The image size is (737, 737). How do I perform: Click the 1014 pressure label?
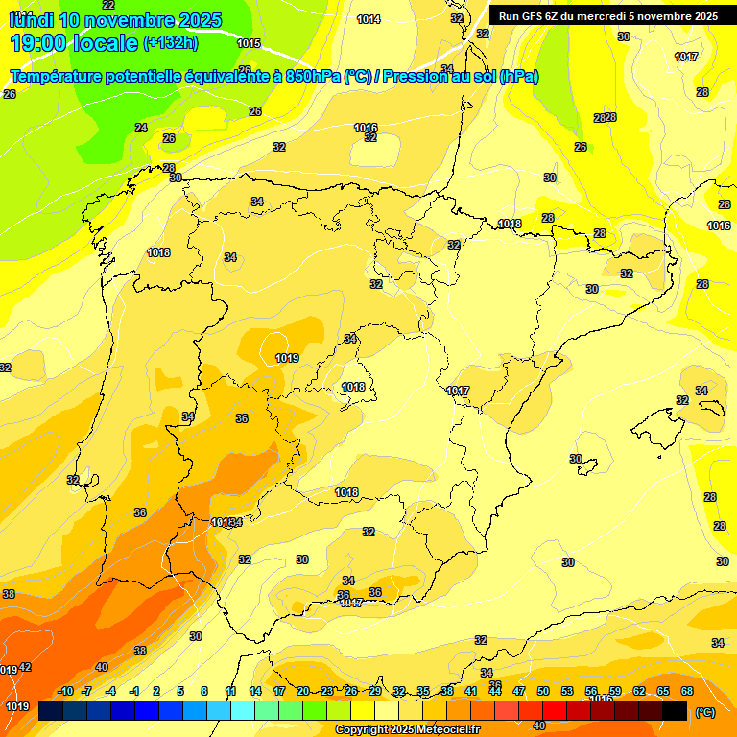[368, 19]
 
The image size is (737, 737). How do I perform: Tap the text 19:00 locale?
[73, 42]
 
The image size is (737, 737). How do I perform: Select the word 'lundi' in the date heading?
[30, 20]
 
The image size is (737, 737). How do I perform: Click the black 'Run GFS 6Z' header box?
[607, 15]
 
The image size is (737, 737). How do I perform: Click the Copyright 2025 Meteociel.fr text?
[407, 730]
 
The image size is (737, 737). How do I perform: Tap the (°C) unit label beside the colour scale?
[704, 712]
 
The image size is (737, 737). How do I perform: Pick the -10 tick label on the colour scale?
[65, 691]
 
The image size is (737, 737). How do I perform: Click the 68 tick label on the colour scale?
[687, 691]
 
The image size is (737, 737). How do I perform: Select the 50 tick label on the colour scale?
[543, 691]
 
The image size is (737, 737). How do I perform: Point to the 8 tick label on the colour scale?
[204, 691]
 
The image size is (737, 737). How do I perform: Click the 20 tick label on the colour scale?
[303, 691]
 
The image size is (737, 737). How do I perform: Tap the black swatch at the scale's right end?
[675, 711]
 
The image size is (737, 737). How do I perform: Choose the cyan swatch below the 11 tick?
[243, 711]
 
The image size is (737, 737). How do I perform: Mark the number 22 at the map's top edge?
[107, 5]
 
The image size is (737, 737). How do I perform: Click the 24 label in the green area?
[141, 128]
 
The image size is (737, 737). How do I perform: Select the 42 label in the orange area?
[25, 667]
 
